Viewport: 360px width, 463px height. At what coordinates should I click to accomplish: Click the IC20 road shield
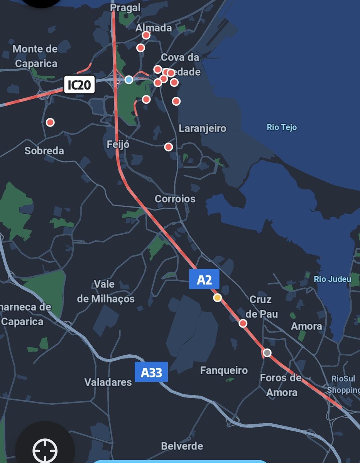[x=78, y=85]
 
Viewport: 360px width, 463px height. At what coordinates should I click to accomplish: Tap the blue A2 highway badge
[x=204, y=279]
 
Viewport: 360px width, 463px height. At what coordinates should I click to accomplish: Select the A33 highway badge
[x=151, y=372]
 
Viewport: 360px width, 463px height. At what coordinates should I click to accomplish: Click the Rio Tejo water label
[x=282, y=127]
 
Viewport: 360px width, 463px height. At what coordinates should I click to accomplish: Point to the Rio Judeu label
[x=333, y=279]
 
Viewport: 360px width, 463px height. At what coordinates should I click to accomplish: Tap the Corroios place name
[x=175, y=199]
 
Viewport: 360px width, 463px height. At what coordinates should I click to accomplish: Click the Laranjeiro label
[x=203, y=128]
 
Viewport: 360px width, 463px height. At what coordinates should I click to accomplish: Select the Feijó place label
[x=118, y=145]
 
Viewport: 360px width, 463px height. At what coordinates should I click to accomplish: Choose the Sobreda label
[x=44, y=150]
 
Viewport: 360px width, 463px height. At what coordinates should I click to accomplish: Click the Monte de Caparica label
[x=35, y=56]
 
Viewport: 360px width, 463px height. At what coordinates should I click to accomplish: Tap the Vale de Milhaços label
[x=106, y=292]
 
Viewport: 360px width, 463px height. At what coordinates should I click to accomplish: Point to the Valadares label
[x=108, y=382]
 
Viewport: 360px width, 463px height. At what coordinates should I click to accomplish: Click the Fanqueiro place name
[x=224, y=370]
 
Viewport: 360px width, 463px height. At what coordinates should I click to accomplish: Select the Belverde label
[x=182, y=446]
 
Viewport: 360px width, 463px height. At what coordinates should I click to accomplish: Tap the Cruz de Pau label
[x=261, y=307]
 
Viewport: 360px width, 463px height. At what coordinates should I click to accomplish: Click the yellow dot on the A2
[x=218, y=297]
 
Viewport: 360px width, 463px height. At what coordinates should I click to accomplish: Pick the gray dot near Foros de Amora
[x=267, y=352]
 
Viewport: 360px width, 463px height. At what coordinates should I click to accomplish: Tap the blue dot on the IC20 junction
[x=129, y=79]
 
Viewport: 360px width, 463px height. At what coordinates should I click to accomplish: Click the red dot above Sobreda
[x=50, y=122]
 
